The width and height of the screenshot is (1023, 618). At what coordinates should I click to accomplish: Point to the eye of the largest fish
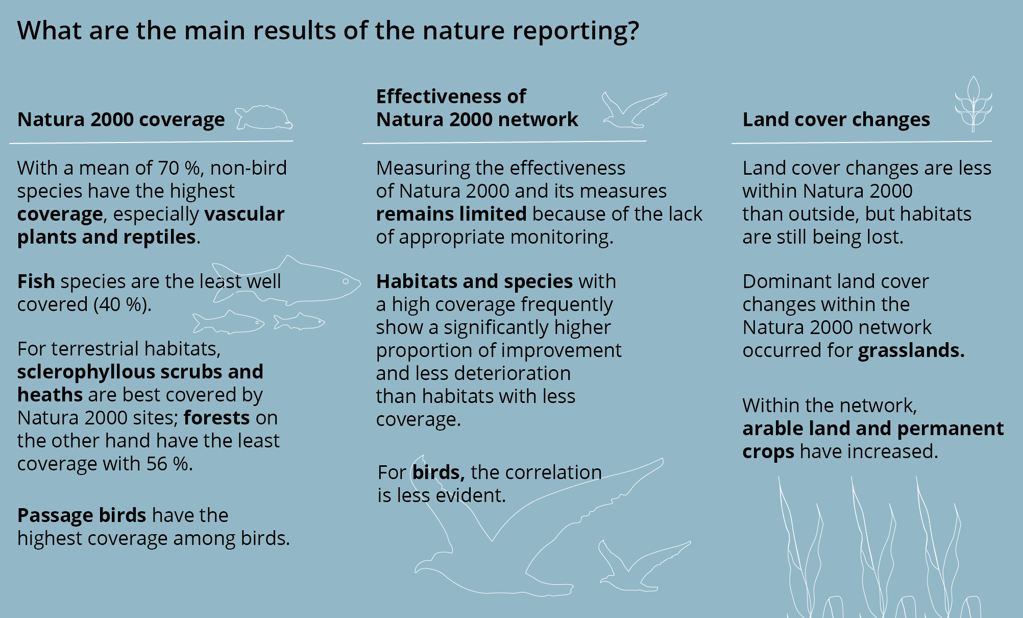pyautogui.click(x=346, y=281)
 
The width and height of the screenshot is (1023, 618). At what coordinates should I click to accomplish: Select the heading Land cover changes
pyautogui.click(x=836, y=120)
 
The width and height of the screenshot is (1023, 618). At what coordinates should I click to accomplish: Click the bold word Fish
pyautogui.click(x=36, y=281)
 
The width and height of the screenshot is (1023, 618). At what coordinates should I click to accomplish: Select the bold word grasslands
pyautogui.click(x=911, y=351)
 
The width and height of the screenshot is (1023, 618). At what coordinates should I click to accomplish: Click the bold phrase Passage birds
pyautogui.click(x=82, y=516)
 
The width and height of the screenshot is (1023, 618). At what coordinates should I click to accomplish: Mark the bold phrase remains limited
pyautogui.click(x=451, y=214)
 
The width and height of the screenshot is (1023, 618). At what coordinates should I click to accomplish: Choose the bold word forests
pyautogui.click(x=216, y=418)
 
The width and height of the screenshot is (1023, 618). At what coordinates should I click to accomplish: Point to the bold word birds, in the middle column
pyautogui.click(x=439, y=472)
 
